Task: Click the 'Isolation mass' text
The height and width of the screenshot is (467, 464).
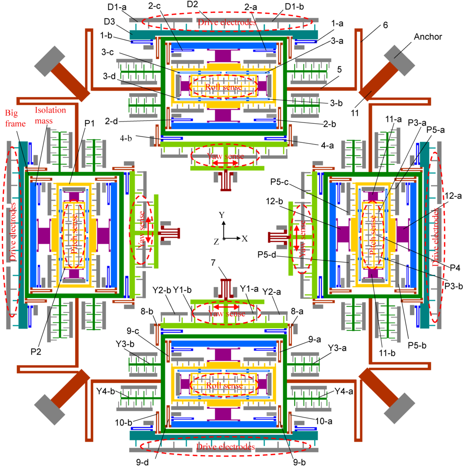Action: click(x=50, y=115)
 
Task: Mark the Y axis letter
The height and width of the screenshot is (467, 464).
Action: click(x=221, y=215)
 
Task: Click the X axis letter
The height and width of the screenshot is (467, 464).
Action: click(x=245, y=238)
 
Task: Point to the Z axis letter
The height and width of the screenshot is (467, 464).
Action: click(x=216, y=242)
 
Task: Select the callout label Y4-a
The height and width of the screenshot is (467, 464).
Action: click(x=343, y=391)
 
